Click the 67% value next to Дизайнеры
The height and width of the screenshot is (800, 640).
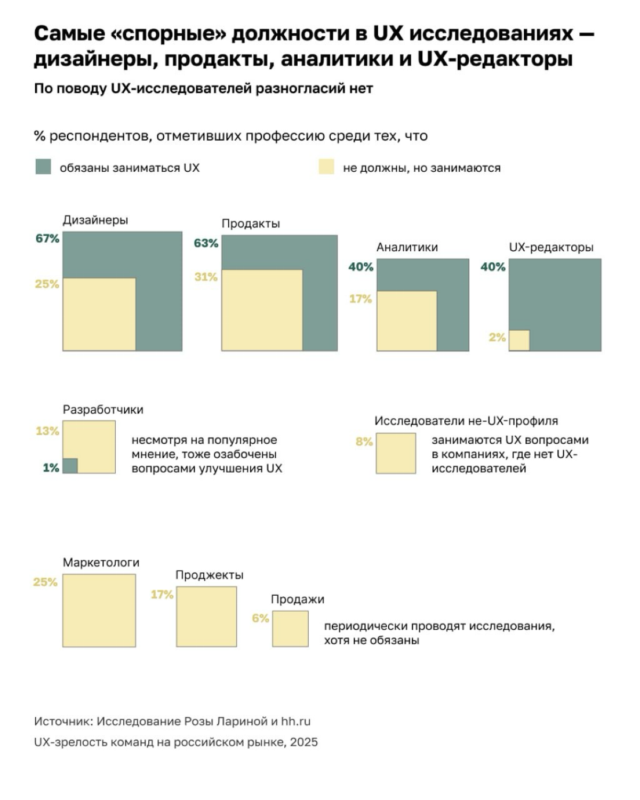(x=47, y=238)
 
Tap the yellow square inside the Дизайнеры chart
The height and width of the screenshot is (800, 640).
(x=99, y=314)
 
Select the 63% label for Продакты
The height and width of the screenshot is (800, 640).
(x=206, y=243)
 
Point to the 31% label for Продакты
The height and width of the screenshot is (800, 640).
(x=206, y=277)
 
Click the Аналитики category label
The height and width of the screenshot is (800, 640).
(x=407, y=247)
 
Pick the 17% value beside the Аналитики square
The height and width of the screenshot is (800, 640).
(x=361, y=299)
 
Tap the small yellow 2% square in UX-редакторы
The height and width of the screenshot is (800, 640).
(x=519, y=340)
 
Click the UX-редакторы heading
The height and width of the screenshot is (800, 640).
(x=551, y=247)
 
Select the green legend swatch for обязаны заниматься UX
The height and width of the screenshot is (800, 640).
(x=43, y=166)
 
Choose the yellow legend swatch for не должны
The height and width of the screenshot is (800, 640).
(x=326, y=166)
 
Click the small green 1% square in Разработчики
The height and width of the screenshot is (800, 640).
(x=70, y=466)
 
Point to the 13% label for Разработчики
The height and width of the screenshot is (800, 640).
(x=47, y=431)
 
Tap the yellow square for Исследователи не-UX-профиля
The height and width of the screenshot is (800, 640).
(x=396, y=453)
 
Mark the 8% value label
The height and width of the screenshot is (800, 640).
(x=364, y=442)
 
